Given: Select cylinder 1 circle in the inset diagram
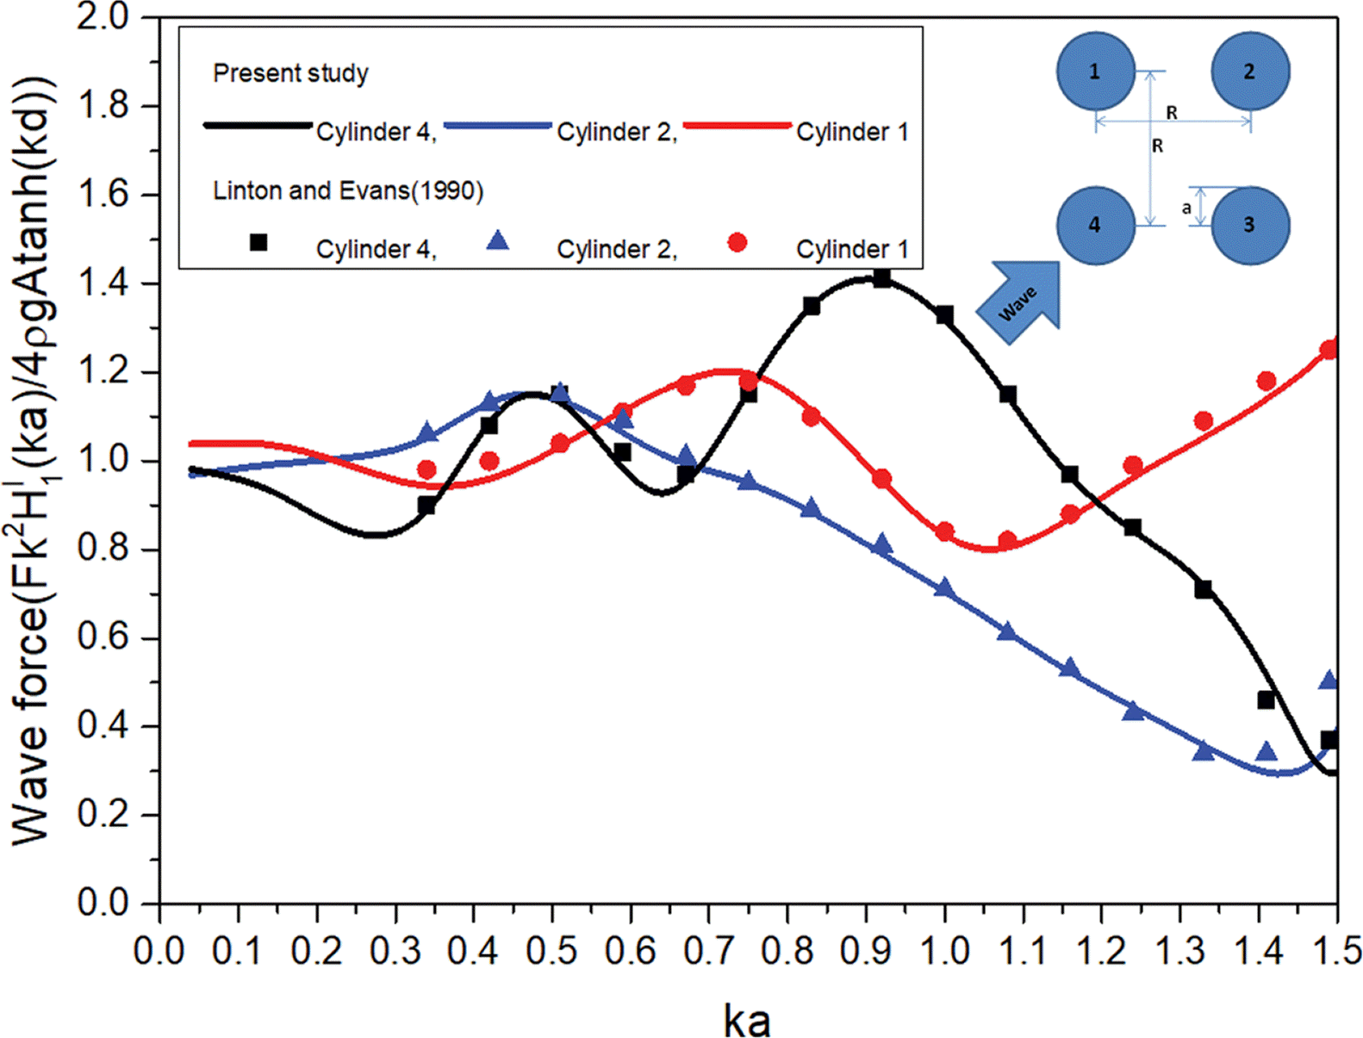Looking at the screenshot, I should click(1095, 71).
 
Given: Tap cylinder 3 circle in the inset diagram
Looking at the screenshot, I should click(1249, 225).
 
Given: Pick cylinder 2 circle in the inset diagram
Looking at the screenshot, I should click(1249, 71).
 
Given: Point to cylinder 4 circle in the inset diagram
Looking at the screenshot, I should click(1095, 225).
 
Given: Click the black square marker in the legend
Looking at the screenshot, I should click(258, 243).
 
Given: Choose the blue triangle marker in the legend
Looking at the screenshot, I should click(497, 241).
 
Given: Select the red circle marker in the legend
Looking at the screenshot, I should click(737, 243).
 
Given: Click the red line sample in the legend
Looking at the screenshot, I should click(737, 126).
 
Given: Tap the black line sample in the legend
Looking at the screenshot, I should click(258, 126).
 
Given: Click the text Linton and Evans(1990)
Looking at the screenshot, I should click(348, 190).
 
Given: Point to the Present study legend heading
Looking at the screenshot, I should click(290, 73).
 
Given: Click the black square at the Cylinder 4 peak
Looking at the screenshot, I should click(881, 278).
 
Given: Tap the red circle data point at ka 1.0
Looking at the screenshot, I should click(945, 531).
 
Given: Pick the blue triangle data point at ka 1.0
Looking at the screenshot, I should click(945, 589).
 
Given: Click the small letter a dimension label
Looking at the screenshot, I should click(1186, 208).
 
